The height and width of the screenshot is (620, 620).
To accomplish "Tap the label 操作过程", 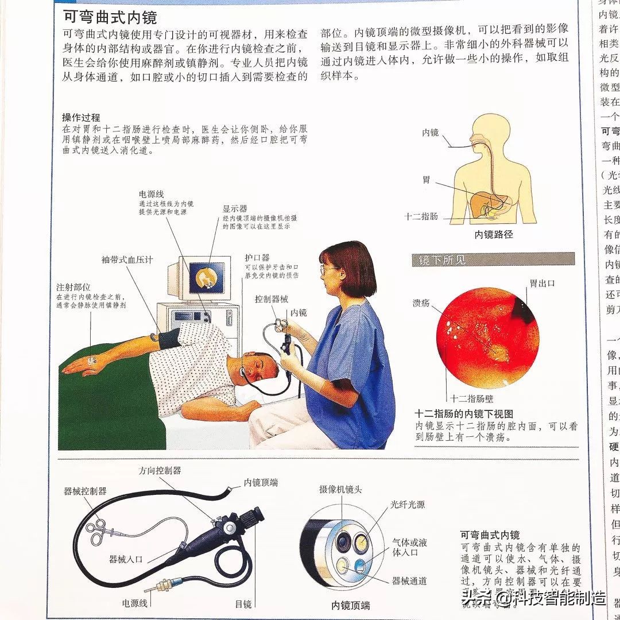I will point(81,118).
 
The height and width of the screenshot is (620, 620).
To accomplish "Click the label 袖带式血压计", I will point(127,259).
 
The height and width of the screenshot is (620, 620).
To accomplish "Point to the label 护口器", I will point(257,258).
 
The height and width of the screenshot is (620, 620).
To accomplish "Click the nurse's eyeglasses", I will point(330,268).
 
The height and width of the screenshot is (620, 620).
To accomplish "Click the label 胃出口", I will point(542,283).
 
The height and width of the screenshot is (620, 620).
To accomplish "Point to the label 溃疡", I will point(421,303).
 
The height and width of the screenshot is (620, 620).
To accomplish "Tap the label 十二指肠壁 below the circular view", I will point(472,399).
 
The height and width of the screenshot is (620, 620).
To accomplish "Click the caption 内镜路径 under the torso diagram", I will point(493,234).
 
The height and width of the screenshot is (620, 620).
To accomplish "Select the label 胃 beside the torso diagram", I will point(426,180).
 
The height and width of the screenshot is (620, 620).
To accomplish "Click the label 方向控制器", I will point(160,470).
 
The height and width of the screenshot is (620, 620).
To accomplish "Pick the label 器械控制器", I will point(85,491).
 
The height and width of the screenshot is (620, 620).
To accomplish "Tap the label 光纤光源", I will point(408,505).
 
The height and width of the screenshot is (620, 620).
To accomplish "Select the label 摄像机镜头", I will point(340,490).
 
